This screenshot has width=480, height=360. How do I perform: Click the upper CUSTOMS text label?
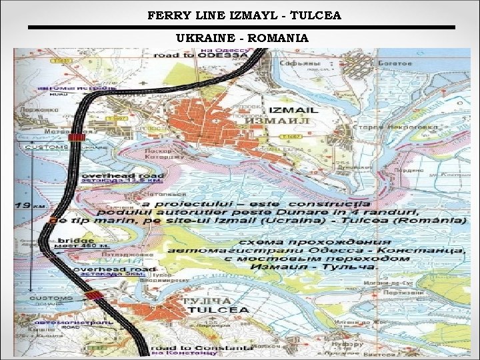pyautogui.click(x=46, y=146)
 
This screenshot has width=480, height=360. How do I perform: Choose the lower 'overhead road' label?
pyautogui.click(x=107, y=267)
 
